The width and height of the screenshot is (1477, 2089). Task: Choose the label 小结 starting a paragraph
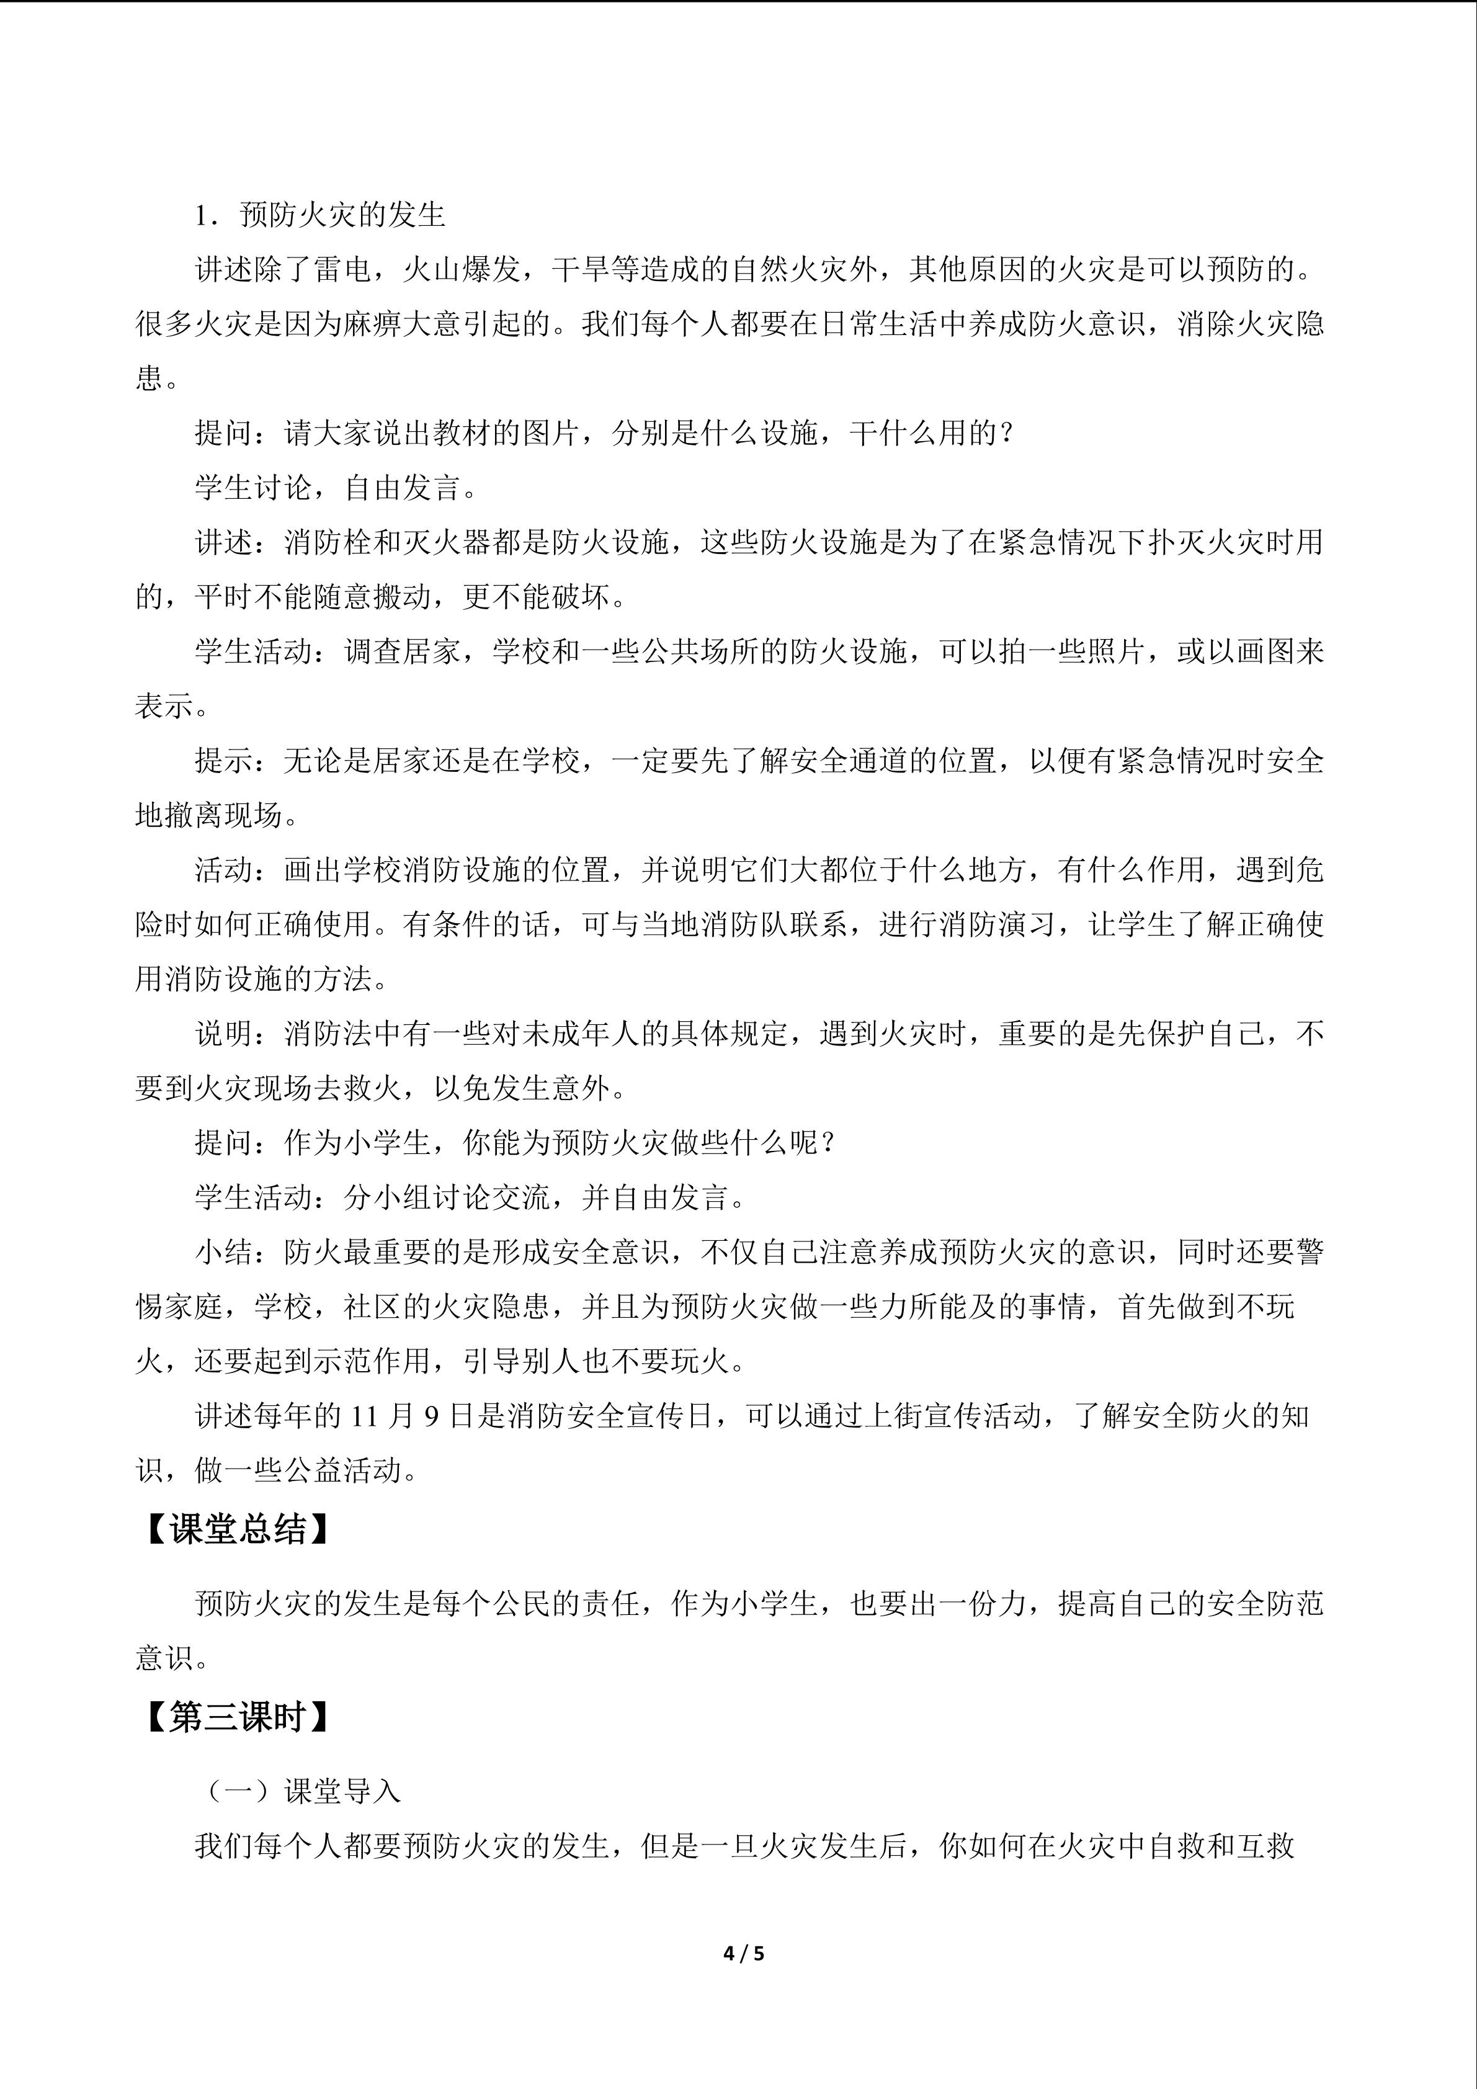click(x=224, y=1252)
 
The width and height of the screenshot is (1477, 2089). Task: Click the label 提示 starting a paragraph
click(x=224, y=761)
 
